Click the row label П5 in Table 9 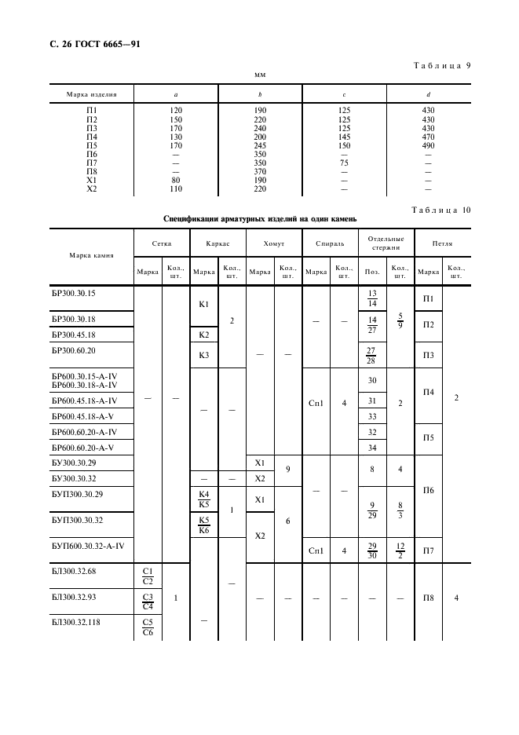[91, 144]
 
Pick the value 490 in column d [428, 144]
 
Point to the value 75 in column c [343, 162]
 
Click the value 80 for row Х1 [176, 179]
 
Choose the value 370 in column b [260, 170]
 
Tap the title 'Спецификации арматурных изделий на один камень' [260, 218]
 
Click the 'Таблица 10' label [441, 209]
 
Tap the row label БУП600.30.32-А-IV [93, 545]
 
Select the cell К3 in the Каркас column [204, 355]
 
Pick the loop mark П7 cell [429, 550]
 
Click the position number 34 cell [373, 448]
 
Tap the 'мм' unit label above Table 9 [260, 75]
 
